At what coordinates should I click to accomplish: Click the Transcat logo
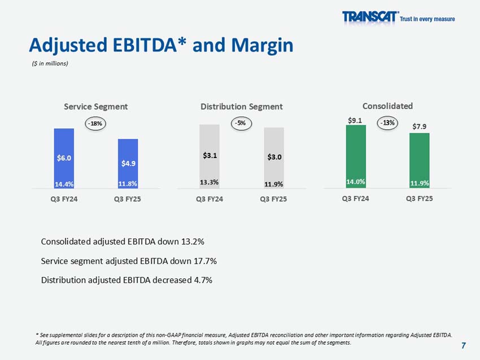pos(370,17)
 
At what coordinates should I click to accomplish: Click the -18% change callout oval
pos(96,122)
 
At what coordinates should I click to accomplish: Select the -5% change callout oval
pos(242,122)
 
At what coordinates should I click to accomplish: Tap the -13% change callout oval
pos(387,122)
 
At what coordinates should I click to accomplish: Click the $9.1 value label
pos(355,120)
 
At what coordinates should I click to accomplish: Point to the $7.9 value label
pos(419,126)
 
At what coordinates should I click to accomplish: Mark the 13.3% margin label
pos(210,182)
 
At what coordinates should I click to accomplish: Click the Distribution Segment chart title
pos(242,107)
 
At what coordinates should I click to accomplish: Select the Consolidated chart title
pos(387,106)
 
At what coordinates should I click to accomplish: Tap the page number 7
pos(464,345)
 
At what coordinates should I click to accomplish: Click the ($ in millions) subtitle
pos(50,63)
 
